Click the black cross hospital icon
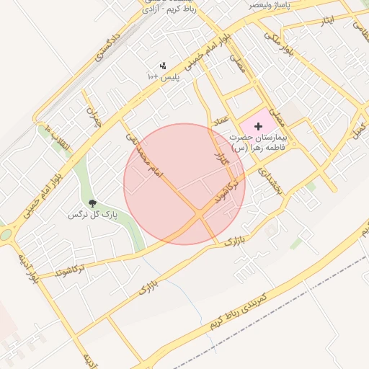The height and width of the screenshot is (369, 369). coord(259,126)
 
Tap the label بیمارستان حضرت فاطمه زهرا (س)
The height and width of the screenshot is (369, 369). coord(258,141)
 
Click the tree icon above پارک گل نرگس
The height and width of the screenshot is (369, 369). coord(92,203)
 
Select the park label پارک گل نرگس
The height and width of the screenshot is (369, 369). coord(92,215)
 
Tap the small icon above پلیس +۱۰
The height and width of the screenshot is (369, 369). coord(163,66)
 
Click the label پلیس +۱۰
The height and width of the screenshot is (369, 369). coord(163,76)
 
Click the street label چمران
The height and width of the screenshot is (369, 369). coord(92,117)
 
